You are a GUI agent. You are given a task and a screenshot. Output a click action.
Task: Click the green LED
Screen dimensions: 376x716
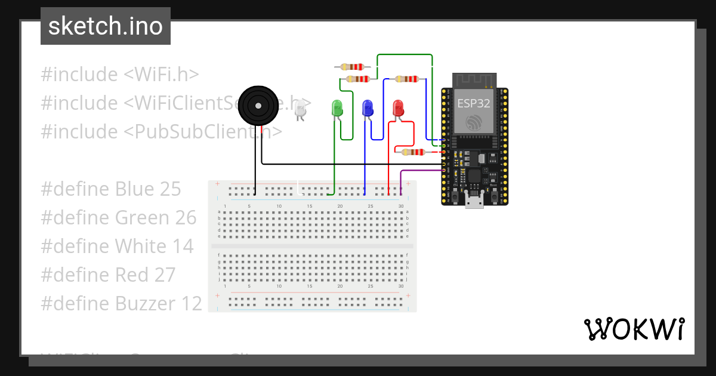[337, 108]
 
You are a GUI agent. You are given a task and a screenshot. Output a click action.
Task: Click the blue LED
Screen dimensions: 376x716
[368, 108]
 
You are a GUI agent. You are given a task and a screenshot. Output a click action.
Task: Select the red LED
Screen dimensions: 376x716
[398, 108]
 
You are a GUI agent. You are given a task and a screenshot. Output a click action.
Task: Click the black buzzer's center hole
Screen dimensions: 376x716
[258, 106]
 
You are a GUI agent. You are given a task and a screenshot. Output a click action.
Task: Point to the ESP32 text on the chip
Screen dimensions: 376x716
[474, 103]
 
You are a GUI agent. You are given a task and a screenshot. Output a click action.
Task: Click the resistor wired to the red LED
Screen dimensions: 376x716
[413, 152]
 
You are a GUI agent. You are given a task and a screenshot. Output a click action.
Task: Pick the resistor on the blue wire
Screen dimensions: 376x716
[407, 79]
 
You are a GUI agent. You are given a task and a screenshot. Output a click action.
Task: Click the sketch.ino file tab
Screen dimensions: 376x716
[106, 26]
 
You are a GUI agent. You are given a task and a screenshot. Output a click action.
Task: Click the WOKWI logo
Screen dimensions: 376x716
[634, 329]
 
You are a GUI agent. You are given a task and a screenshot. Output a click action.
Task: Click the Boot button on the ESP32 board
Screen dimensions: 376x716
[493, 180]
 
